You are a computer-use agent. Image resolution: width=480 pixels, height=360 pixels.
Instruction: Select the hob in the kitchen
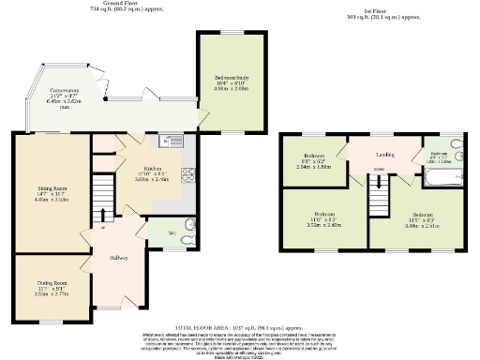click(187, 174)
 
